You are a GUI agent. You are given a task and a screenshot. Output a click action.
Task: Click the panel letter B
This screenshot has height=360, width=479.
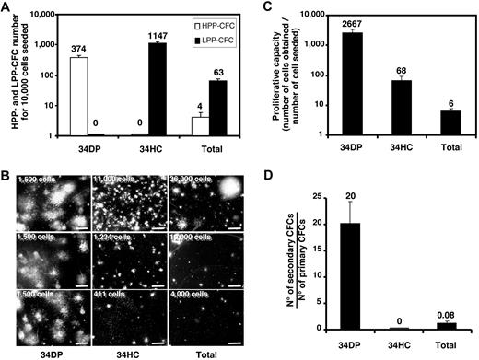7,157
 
